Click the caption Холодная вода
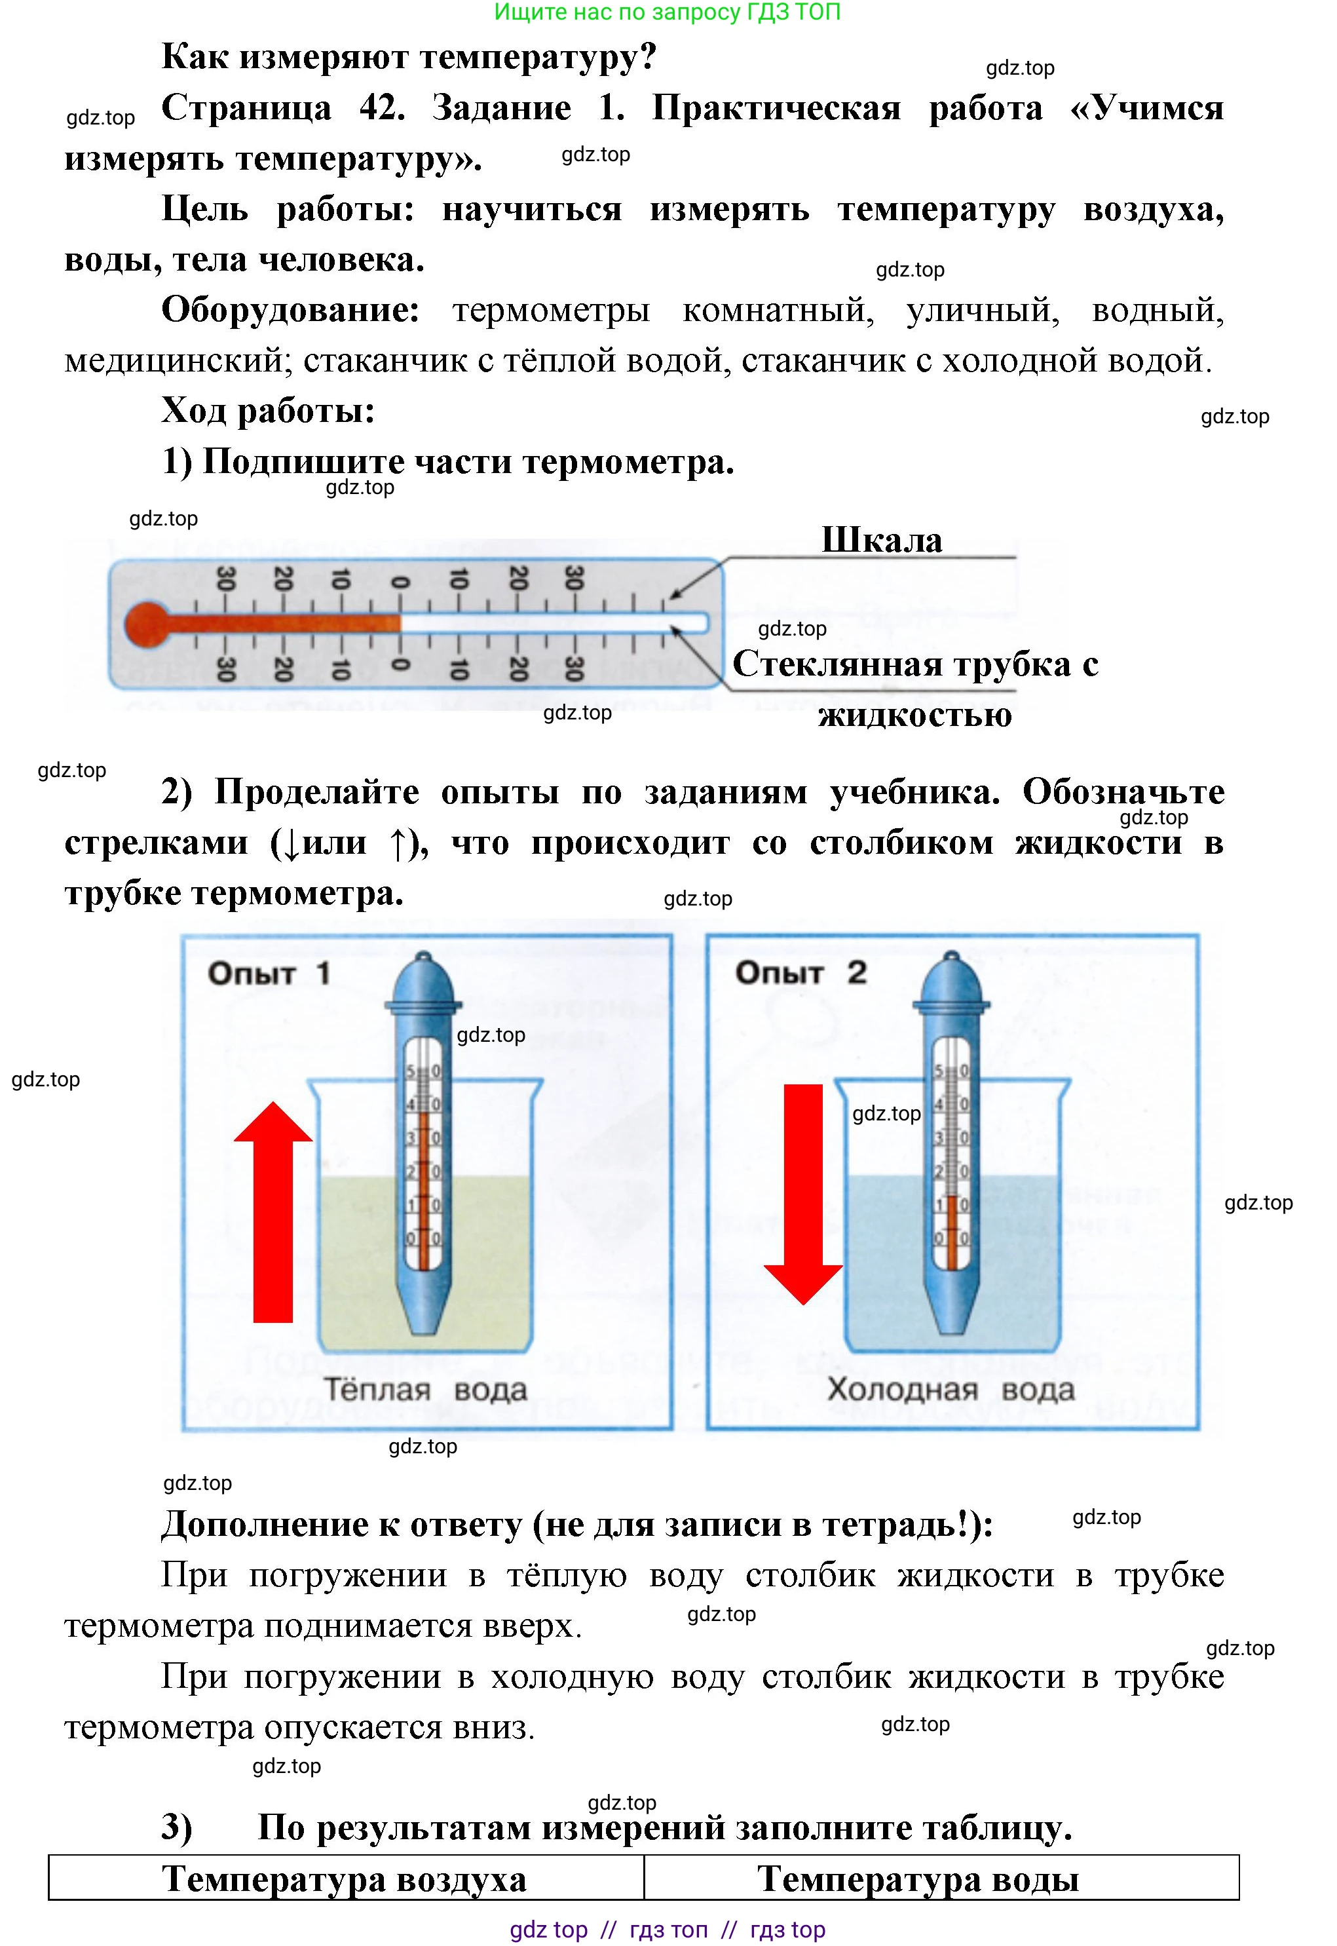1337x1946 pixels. [x=950, y=1390]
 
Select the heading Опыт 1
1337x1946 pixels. [x=268, y=974]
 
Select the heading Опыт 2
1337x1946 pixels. [x=800, y=972]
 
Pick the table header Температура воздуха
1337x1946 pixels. [x=345, y=1879]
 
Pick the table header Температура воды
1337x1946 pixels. [x=917, y=1879]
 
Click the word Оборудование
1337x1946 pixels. [x=290, y=310]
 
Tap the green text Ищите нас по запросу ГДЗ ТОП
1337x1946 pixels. [x=667, y=12]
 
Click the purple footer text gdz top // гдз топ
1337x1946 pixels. [x=668, y=1929]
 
